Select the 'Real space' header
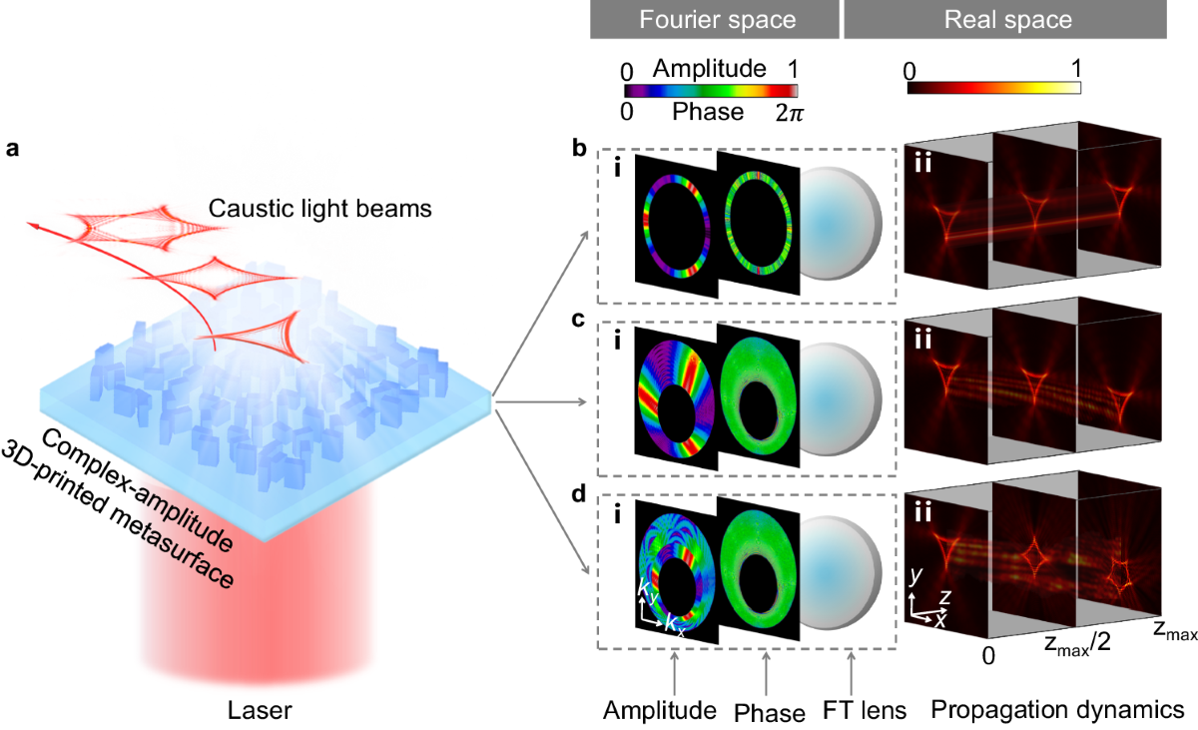tap(1017, 19)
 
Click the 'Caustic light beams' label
tap(305, 209)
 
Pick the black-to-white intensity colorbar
tap(994, 88)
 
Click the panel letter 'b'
tap(577, 150)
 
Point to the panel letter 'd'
tap(577, 489)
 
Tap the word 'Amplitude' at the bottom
tap(660, 710)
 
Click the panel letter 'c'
tap(577, 322)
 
